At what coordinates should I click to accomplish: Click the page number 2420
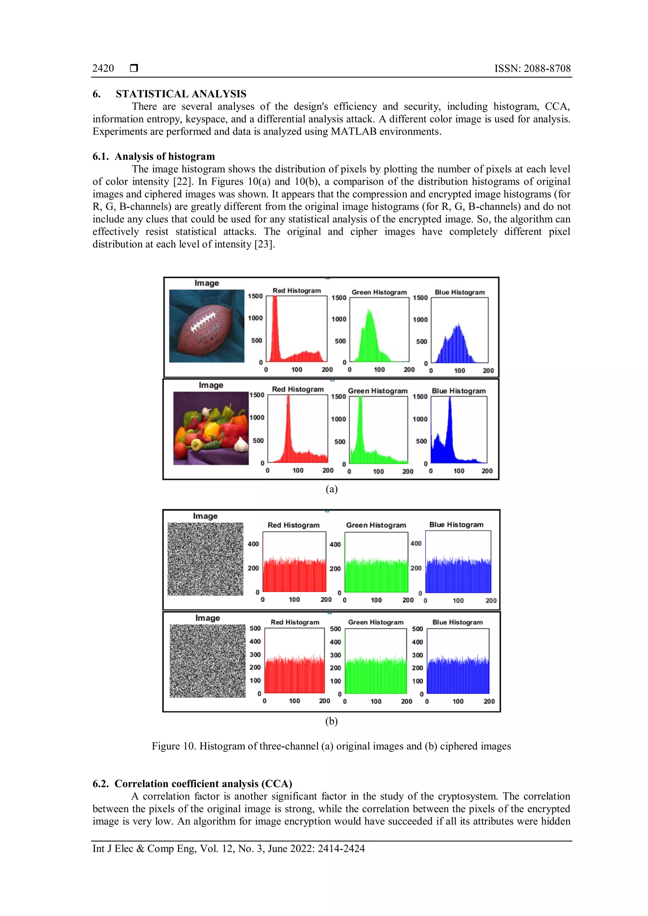coord(103,68)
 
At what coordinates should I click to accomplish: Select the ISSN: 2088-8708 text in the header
coord(532,68)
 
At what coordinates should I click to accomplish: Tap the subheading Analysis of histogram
coord(165,156)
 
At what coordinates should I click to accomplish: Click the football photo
coord(207,326)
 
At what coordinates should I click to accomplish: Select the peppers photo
coord(211,428)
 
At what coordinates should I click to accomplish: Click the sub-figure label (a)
coord(331,489)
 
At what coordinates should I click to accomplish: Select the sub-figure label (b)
coord(331,721)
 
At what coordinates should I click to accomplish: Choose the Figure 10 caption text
coord(331,746)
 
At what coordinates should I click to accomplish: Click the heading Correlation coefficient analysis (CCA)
coord(203,783)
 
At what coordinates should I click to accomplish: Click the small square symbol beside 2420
coord(134,68)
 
